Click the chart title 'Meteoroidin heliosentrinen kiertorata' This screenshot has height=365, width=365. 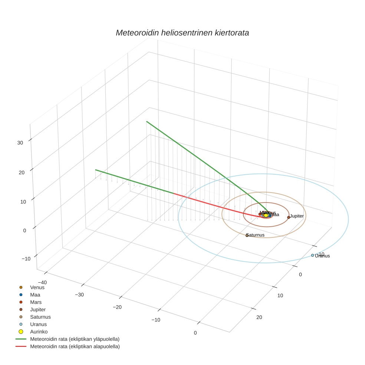click(x=182, y=33)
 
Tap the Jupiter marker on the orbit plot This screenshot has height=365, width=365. click(x=289, y=217)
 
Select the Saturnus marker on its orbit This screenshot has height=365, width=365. click(x=247, y=236)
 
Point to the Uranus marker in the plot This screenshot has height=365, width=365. click(x=312, y=255)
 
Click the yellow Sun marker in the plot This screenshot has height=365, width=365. click(x=266, y=215)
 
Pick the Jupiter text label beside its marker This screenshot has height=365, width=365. click(x=297, y=216)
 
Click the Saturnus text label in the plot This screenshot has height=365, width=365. click(x=256, y=235)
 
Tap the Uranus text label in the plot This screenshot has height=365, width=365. click(x=322, y=256)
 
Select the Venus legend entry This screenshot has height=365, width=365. click(x=37, y=287)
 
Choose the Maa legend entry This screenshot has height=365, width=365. click(x=35, y=295)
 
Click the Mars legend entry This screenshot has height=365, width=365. click(x=36, y=302)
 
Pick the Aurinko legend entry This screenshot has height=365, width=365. click(x=39, y=332)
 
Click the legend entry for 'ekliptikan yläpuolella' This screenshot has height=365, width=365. click(x=75, y=339)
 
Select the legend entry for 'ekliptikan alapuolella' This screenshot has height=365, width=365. click(x=75, y=346)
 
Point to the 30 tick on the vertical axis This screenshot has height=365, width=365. click(x=20, y=142)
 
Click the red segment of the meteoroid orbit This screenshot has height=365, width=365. click(x=215, y=204)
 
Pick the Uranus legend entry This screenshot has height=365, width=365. click(x=38, y=324)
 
